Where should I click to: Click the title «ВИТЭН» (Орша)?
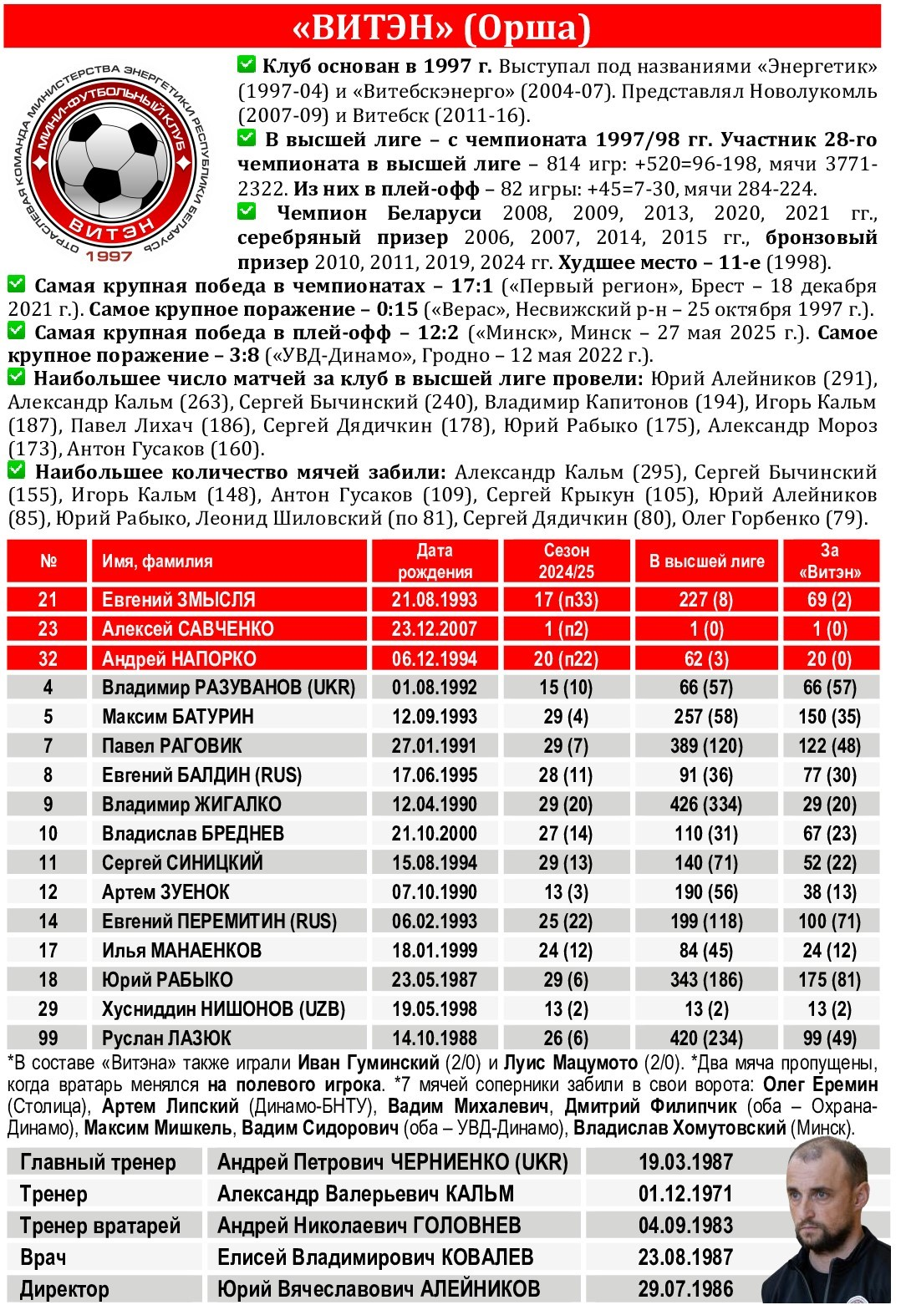click(x=442, y=28)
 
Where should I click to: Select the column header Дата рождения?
click(x=435, y=561)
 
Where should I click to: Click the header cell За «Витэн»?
click(x=829, y=561)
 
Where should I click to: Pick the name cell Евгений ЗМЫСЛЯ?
click(x=178, y=600)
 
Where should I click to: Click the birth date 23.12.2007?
click(x=434, y=629)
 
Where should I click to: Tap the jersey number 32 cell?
click(x=48, y=658)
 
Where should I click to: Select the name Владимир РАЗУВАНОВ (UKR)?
click(x=228, y=688)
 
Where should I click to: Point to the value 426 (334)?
click(x=706, y=805)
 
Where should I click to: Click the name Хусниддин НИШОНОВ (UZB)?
click(x=223, y=1009)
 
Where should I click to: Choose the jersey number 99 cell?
click(x=48, y=1038)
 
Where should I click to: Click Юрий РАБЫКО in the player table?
click(x=167, y=980)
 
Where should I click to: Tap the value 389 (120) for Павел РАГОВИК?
click(x=706, y=746)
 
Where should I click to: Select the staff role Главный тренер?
click(x=98, y=1162)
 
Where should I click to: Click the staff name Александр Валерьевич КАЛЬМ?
click(x=365, y=1194)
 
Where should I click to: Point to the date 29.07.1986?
click(x=685, y=1288)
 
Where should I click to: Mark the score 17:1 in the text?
click(x=472, y=287)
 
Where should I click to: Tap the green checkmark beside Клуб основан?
click(x=247, y=64)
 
